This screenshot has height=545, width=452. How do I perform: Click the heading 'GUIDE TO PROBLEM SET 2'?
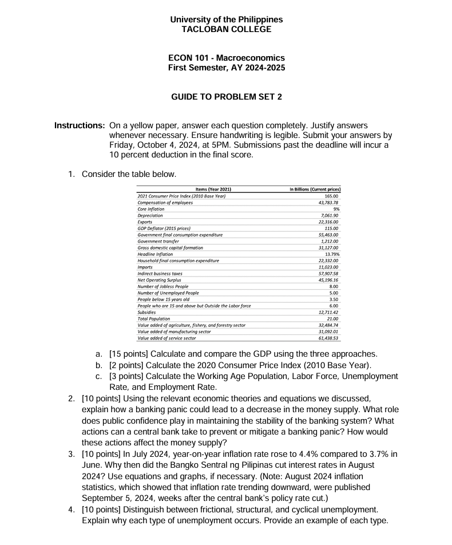point(226,97)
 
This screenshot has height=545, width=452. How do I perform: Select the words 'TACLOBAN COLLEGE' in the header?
point(226,29)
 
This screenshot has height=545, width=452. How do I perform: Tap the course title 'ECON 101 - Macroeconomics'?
point(226,58)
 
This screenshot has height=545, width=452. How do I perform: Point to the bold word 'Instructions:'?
point(80,125)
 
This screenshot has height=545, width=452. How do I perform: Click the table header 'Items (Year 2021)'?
point(213,189)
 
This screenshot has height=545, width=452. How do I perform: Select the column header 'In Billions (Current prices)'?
point(313,189)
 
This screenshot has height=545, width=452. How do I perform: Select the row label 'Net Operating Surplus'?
point(159,280)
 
